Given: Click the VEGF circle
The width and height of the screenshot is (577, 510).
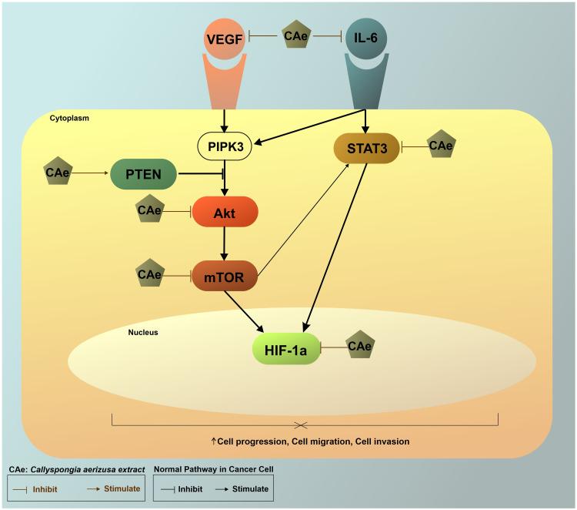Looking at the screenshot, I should (x=225, y=37).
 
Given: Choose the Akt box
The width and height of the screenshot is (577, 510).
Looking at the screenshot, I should (x=225, y=210).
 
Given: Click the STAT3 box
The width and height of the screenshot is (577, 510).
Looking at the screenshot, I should (x=365, y=145).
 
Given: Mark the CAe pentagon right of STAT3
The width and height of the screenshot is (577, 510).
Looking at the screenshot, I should (x=440, y=145).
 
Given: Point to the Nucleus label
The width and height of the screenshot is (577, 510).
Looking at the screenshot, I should (x=144, y=332).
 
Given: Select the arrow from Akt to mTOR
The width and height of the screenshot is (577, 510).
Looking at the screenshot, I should (x=225, y=242).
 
